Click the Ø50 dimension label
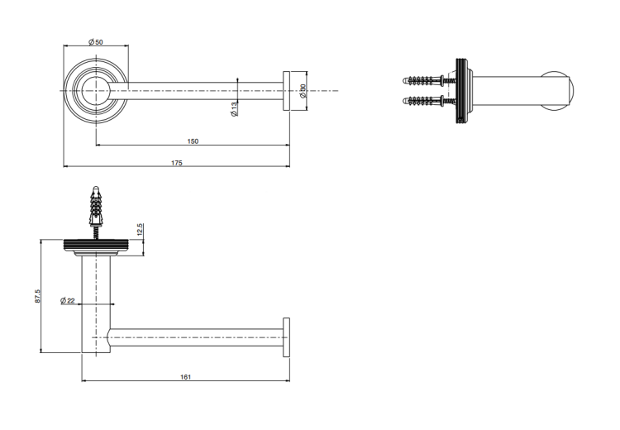click(x=95, y=41)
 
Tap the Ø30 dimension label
click(x=303, y=92)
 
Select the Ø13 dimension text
click(x=234, y=109)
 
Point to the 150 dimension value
click(x=193, y=141)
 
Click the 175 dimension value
click(x=177, y=163)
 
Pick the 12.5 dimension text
click(x=140, y=229)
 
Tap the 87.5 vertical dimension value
click(x=37, y=296)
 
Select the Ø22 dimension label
click(x=68, y=301)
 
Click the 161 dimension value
click(x=185, y=377)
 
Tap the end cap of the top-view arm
click(x=286, y=91)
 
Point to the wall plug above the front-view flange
click(x=95, y=207)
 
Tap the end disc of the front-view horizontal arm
click(x=286, y=337)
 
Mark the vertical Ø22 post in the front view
click(x=96, y=304)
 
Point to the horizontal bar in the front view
click(x=196, y=337)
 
